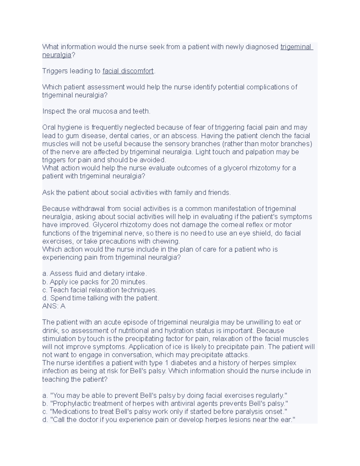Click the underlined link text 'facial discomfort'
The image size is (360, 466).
[x=128, y=71]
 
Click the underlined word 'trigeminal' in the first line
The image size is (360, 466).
[x=296, y=47]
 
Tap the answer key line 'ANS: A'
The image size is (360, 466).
[x=54, y=306]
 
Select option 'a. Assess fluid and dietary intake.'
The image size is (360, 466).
[x=94, y=274]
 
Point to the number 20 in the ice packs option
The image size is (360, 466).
[x=115, y=282]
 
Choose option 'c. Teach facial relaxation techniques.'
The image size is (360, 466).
[x=100, y=290]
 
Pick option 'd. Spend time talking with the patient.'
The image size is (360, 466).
[x=101, y=298]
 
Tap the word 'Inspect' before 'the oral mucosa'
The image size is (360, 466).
[x=53, y=111]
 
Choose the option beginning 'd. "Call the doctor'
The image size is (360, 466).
[x=169, y=420]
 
